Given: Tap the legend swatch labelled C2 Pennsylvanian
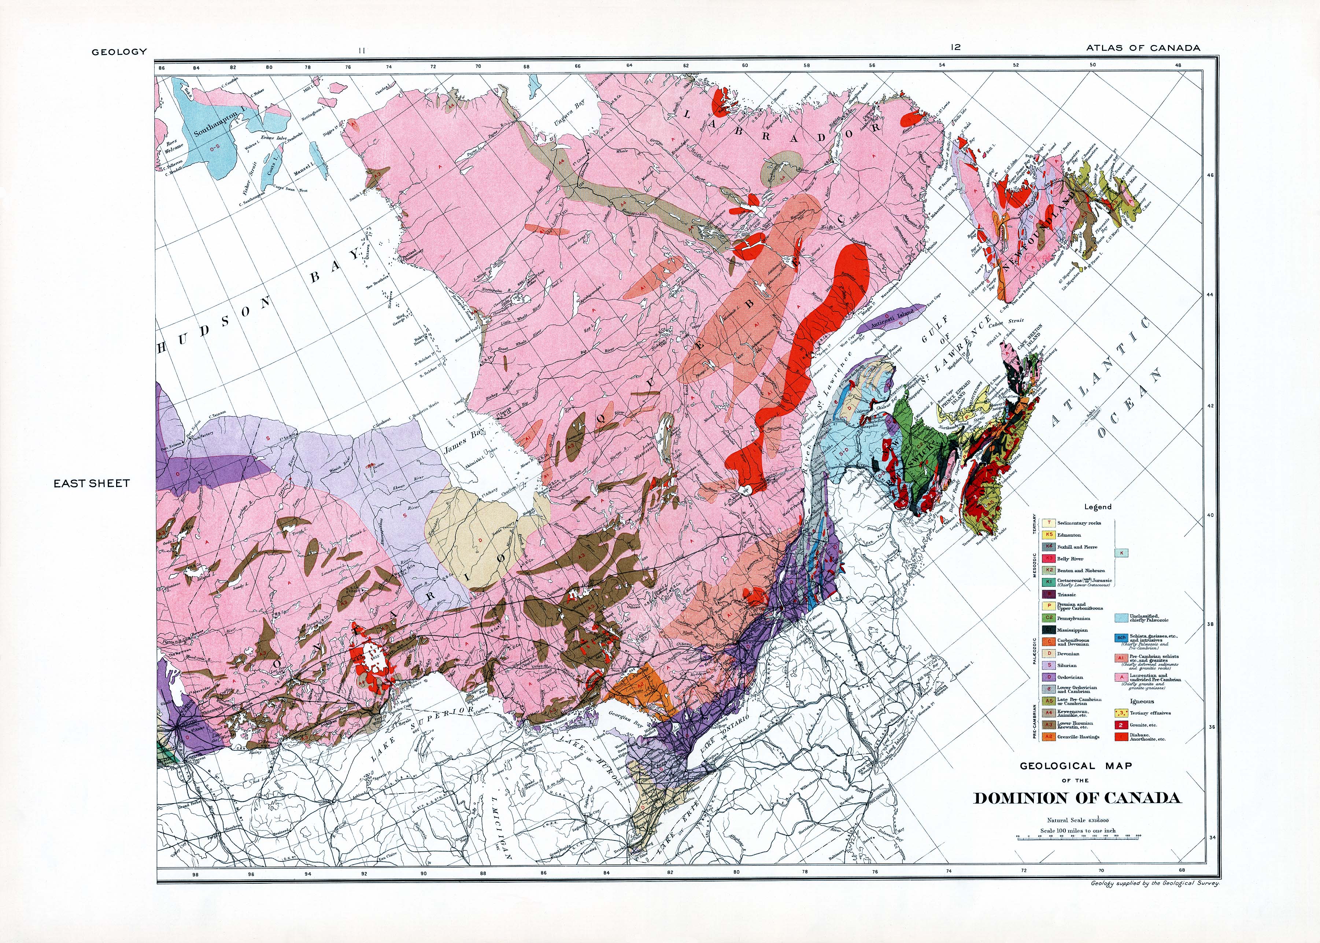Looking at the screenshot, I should (1049, 618).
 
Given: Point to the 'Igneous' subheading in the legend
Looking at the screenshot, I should (1142, 701).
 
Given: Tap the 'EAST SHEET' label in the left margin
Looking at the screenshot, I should (92, 483).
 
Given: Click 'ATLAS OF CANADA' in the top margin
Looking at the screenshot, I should (1143, 48).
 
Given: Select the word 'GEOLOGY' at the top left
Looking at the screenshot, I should (119, 52).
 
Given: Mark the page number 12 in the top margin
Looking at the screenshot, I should (956, 48).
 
